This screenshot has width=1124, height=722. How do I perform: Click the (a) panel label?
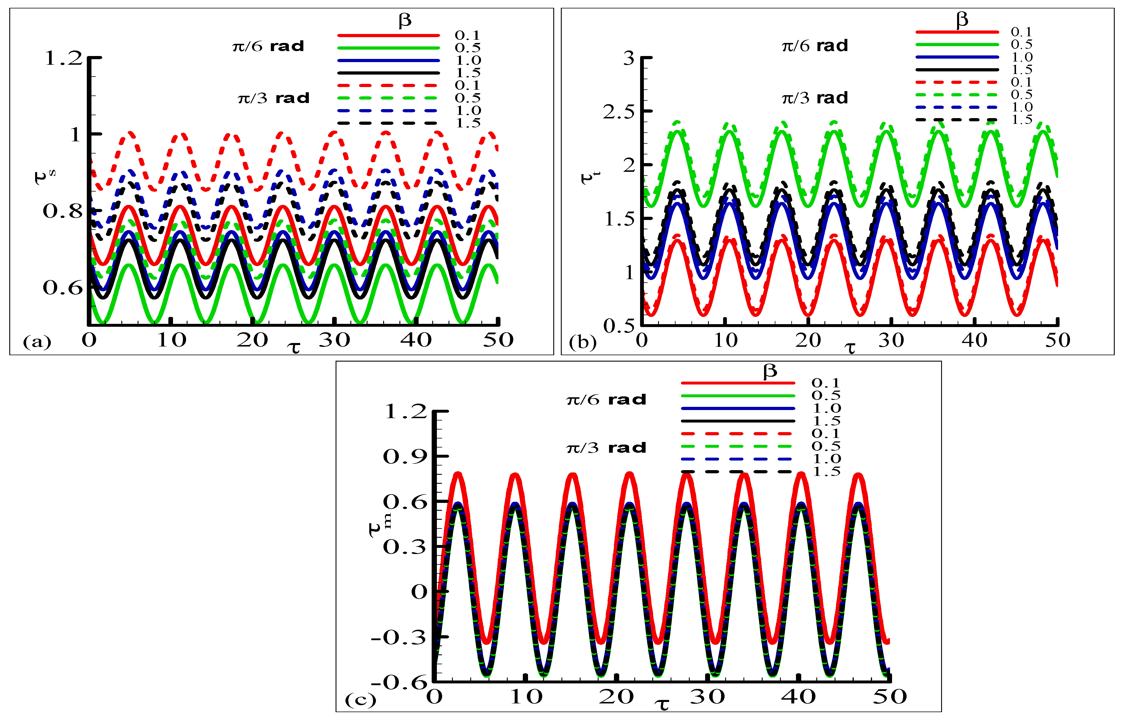[x=37, y=342]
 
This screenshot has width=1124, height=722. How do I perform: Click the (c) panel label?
[x=360, y=700]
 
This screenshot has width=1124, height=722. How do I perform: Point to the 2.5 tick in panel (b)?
[x=618, y=112]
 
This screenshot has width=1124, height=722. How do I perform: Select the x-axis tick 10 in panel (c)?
[x=526, y=697]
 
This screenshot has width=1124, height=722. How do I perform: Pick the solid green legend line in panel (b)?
[x=957, y=44]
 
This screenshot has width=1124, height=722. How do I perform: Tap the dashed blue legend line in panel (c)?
[x=737, y=459]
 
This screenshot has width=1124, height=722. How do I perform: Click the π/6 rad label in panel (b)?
[x=815, y=46]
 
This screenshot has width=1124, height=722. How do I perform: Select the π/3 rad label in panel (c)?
[x=606, y=448]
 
